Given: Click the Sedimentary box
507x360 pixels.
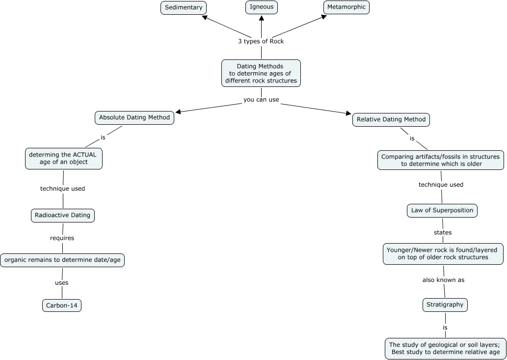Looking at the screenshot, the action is pyautogui.click(x=184, y=8).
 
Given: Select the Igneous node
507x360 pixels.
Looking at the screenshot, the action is pyautogui.click(x=261, y=7).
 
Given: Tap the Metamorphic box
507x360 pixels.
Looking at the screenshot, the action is pyautogui.click(x=347, y=7).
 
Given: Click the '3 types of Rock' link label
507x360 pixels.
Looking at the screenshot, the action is pyautogui.click(x=261, y=41).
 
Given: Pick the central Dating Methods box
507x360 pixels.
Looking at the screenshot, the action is pyautogui.click(x=261, y=73).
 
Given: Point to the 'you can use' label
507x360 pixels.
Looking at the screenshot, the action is pyautogui.click(x=261, y=100).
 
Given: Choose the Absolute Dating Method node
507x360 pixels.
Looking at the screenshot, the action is pyautogui.click(x=134, y=118).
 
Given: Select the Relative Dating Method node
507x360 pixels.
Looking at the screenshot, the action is pyautogui.click(x=391, y=120).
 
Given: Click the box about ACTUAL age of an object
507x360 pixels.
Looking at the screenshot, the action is pyautogui.click(x=64, y=159).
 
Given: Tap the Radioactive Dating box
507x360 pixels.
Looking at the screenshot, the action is pyautogui.click(x=63, y=216).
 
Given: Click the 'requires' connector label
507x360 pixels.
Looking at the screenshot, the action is pyautogui.click(x=62, y=238).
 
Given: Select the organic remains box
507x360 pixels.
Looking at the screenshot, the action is pyautogui.click(x=62, y=260).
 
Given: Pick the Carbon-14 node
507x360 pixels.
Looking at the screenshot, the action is pyautogui.click(x=62, y=305).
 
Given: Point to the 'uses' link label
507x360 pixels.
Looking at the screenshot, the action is pyautogui.click(x=61, y=283).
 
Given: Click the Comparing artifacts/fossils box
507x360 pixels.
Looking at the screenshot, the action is pyautogui.click(x=440, y=160).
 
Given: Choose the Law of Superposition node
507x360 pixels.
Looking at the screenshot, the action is pyautogui.click(x=442, y=211).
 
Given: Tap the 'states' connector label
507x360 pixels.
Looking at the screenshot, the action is pyautogui.click(x=443, y=233).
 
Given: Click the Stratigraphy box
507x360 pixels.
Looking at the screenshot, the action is pyautogui.click(x=445, y=305).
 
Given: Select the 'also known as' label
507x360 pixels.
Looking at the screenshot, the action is pyautogui.click(x=443, y=280).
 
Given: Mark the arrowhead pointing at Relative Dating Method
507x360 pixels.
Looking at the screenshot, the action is pyautogui.click(x=349, y=113).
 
